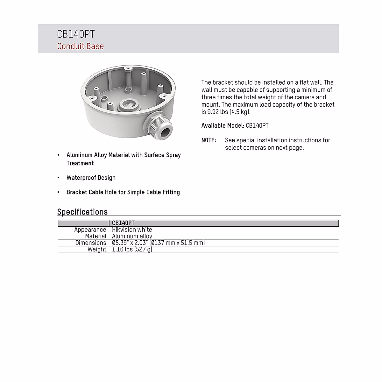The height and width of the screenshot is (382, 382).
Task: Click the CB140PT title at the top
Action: (x=76, y=34)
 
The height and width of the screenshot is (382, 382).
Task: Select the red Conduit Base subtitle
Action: (x=80, y=46)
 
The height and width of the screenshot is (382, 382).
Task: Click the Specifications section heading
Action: (x=82, y=212)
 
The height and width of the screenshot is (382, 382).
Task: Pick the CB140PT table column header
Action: (x=123, y=223)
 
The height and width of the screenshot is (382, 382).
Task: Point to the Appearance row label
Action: (x=90, y=230)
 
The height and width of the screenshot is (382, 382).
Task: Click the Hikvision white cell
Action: (x=132, y=230)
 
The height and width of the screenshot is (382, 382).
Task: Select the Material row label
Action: (x=95, y=236)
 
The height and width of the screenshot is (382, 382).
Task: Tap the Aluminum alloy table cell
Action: (x=132, y=236)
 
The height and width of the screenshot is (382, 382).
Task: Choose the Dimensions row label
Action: (x=91, y=243)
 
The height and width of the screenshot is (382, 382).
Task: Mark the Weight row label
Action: (x=97, y=249)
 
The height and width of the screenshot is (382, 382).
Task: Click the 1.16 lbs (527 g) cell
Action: (x=132, y=249)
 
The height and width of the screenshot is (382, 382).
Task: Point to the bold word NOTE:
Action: (x=209, y=140)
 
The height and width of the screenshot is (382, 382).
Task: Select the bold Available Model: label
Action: (x=223, y=125)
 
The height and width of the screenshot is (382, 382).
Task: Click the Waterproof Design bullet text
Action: (x=91, y=178)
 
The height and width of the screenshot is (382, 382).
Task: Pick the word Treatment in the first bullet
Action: (x=80, y=163)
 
